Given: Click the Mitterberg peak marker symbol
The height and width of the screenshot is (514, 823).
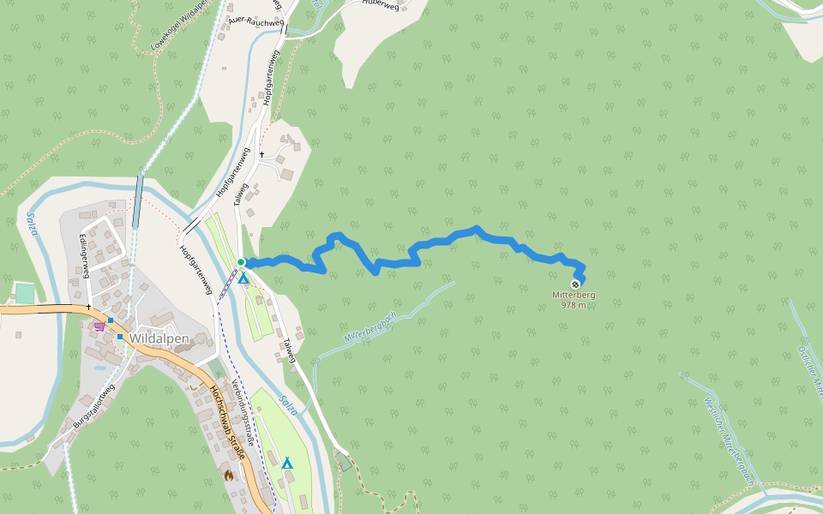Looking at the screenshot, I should (x=575, y=284).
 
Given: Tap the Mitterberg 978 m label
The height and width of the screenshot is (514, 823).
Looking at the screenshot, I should (x=574, y=300).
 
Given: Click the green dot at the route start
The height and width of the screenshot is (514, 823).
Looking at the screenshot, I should (x=241, y=262).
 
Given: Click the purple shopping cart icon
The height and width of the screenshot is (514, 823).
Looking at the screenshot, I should (x=99, y=326).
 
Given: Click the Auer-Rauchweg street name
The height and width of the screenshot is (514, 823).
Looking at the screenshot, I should (x=255, y=21).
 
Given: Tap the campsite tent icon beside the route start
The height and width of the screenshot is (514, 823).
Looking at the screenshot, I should (x=243, y=278).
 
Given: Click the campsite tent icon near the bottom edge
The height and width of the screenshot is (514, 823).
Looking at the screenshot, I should (x=287, y=463).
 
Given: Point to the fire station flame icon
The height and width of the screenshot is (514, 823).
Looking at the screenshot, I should (x=229, y=474).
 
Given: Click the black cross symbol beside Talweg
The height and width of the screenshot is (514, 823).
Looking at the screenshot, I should (x=261, y=154).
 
